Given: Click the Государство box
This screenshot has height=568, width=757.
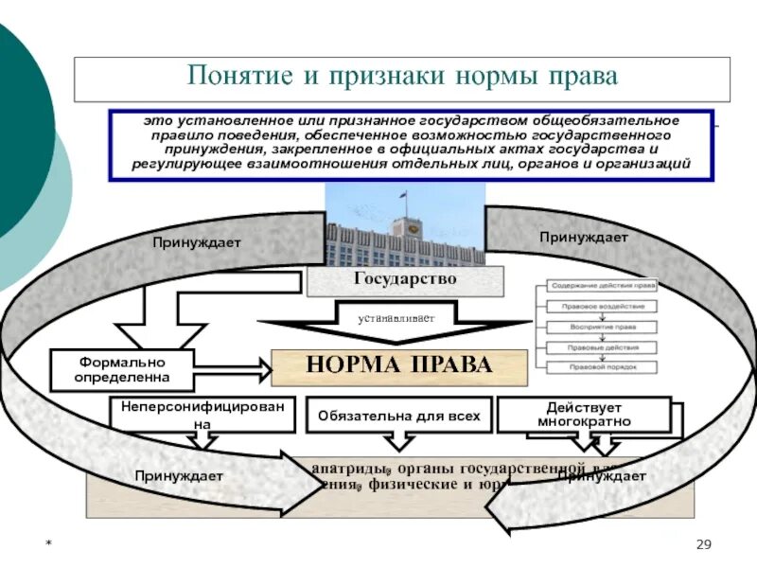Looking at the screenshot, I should pyautogui.click(x=405, y=279).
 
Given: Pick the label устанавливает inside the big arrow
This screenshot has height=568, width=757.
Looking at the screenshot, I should pyautogui.click(x=396, y=319).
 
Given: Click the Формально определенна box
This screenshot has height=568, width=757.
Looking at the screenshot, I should pyautogui.click(x=122, y=369).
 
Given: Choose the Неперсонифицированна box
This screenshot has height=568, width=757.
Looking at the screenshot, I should pyautogui.click(x=202, y=414).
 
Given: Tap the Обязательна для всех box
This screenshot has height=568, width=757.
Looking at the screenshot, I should pyautogui.click(x=398, y=415).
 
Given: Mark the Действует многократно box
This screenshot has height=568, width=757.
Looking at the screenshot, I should pyautogui.click(x=583, y=414).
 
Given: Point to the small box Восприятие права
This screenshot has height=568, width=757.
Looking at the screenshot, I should pyautogui.click(x=599, y=326).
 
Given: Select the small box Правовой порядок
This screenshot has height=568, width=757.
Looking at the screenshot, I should pyautogui.click(x=599, y=365).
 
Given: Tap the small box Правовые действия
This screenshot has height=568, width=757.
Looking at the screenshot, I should pyautogui.click(x=599, y=346).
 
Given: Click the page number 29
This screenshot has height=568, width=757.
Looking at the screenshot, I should pyautogui.click(x=702, y=542).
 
